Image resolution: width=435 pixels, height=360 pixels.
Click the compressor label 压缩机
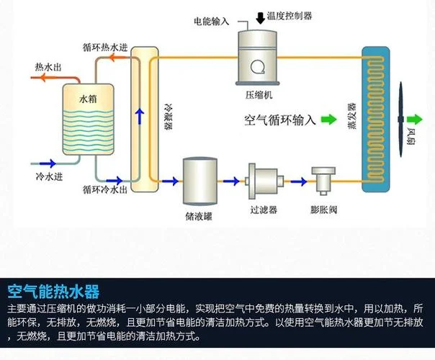tap(259, 95)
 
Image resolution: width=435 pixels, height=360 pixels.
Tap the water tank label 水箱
tap(88, 99)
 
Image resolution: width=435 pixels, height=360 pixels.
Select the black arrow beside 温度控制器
tap(260, 18)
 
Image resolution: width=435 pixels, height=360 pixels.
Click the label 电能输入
tap(212, 22)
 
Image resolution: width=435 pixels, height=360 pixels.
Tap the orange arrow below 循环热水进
tap(115, 58)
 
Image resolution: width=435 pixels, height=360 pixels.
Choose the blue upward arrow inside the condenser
tap(140, 116)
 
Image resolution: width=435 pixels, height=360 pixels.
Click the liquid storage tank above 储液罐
tap(199, 181)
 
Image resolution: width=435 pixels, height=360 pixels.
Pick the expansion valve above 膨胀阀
tap(323, 181)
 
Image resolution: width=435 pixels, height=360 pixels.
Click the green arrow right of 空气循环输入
tap(329, 120)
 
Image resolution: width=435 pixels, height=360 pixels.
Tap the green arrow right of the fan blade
tap(414, 120)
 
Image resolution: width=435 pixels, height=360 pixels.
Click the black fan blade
tap(400, 120)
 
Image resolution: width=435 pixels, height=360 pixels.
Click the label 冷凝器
tap(169, 117)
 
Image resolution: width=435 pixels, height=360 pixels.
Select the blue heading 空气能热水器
tap(53, 292)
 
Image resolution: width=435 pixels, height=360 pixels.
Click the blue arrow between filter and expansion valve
tap(299, 181)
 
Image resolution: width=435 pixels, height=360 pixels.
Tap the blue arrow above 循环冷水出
tap(114, 181)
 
